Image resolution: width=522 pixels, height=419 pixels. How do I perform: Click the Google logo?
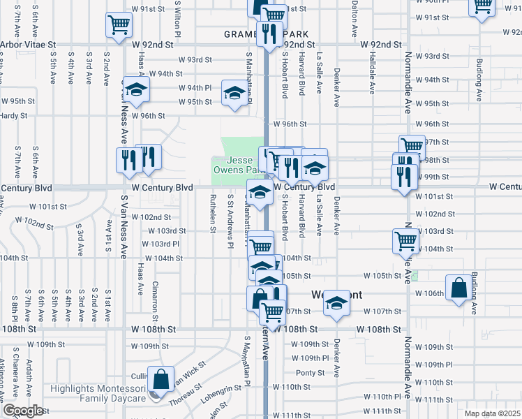click(x=23, y=411)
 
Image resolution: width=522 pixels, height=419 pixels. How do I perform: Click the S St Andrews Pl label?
click(x=230, y=220)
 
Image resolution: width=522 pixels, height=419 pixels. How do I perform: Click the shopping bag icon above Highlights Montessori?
click(x=161, y=380)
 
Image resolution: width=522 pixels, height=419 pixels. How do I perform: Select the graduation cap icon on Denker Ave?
click(x=336, y=302)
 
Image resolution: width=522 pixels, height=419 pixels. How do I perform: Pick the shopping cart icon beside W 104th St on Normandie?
click(x=405, y=241)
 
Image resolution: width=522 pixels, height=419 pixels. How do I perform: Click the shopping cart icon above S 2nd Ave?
click(x=119, y=25)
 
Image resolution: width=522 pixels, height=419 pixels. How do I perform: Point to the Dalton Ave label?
click(x=355, y=10)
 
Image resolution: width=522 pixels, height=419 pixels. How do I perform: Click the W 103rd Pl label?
click(x=161, y=244)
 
